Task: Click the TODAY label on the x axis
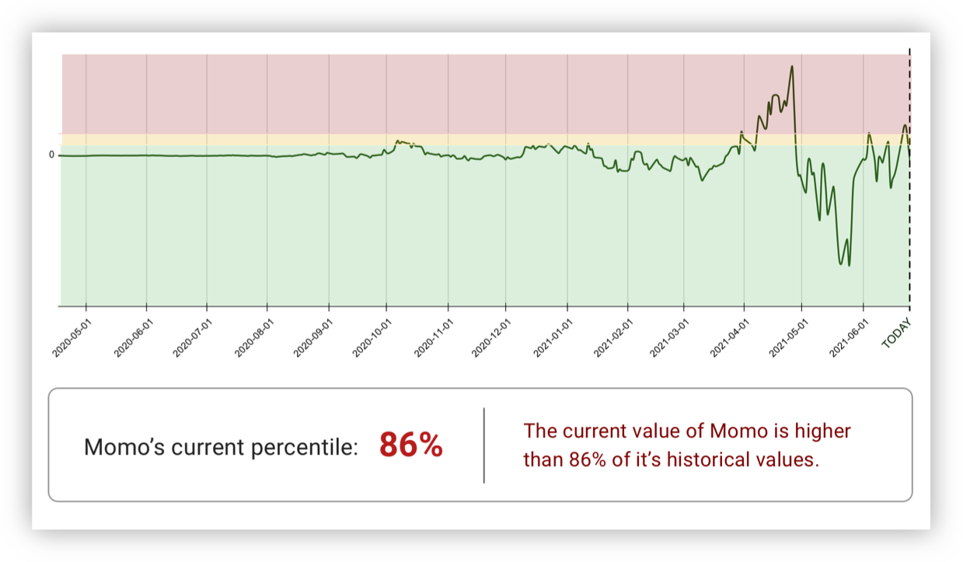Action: [x=897, y=333]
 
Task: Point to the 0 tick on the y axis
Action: [x=52, y=155]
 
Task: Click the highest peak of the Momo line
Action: [x=792, y=66]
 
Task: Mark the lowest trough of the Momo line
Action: [x=849, y=265]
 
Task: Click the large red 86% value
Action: [x=410, y=445]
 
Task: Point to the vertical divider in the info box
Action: [x=484, y=445]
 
